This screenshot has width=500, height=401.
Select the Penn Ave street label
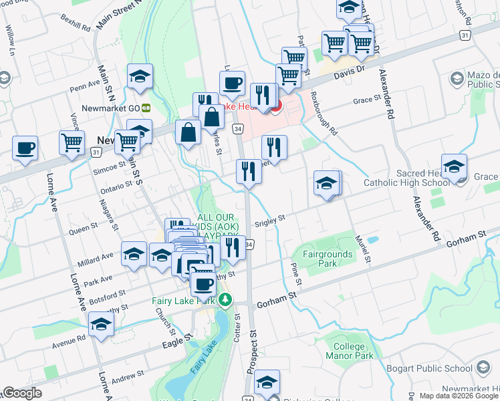tap(84, 85)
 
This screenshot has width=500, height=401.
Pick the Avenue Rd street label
tap(71, 338)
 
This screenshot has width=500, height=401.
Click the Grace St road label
tap(367, 99)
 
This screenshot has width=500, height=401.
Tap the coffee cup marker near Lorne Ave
tap(25, 148)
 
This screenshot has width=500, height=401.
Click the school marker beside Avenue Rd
tap(101, 325)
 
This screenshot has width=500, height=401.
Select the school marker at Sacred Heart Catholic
tap(454, 168)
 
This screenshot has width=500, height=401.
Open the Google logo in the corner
tap(23, 393)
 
